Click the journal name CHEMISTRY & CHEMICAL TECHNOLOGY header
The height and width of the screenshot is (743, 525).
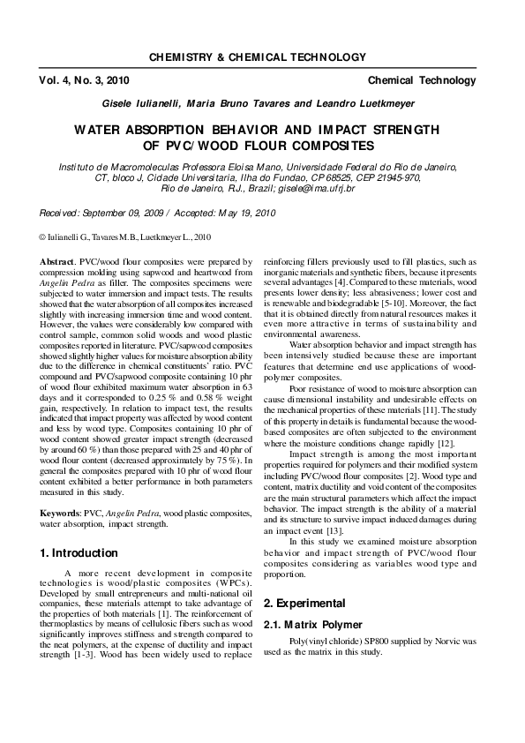tap(257, 57)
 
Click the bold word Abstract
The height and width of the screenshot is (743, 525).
tap(56, 263)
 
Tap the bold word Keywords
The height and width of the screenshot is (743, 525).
tap(60, 512)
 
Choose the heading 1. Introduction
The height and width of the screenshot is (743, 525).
tap(79, 553)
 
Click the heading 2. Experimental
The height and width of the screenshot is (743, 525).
tap(305, 604)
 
